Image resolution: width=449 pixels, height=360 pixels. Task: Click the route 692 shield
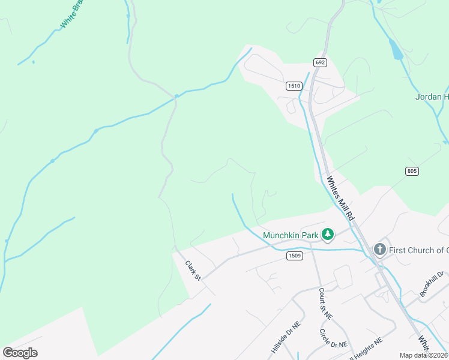tap(319, 62)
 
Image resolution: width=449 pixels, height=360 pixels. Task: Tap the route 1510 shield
tap(294, 86)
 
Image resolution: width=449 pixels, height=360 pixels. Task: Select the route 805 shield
tap(412, 171)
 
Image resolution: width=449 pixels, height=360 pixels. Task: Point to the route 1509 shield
tap(294, 256)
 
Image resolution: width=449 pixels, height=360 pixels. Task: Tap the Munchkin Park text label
tap(290, 235)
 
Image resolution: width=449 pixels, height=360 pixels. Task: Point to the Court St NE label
tap(325, 304)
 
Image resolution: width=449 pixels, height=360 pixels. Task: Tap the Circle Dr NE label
tap(333, 338)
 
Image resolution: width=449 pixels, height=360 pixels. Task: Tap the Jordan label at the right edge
tap(432, 97)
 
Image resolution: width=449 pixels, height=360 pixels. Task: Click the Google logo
tap(20, 352)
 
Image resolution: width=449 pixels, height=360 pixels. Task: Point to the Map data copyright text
tap(424, 355)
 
